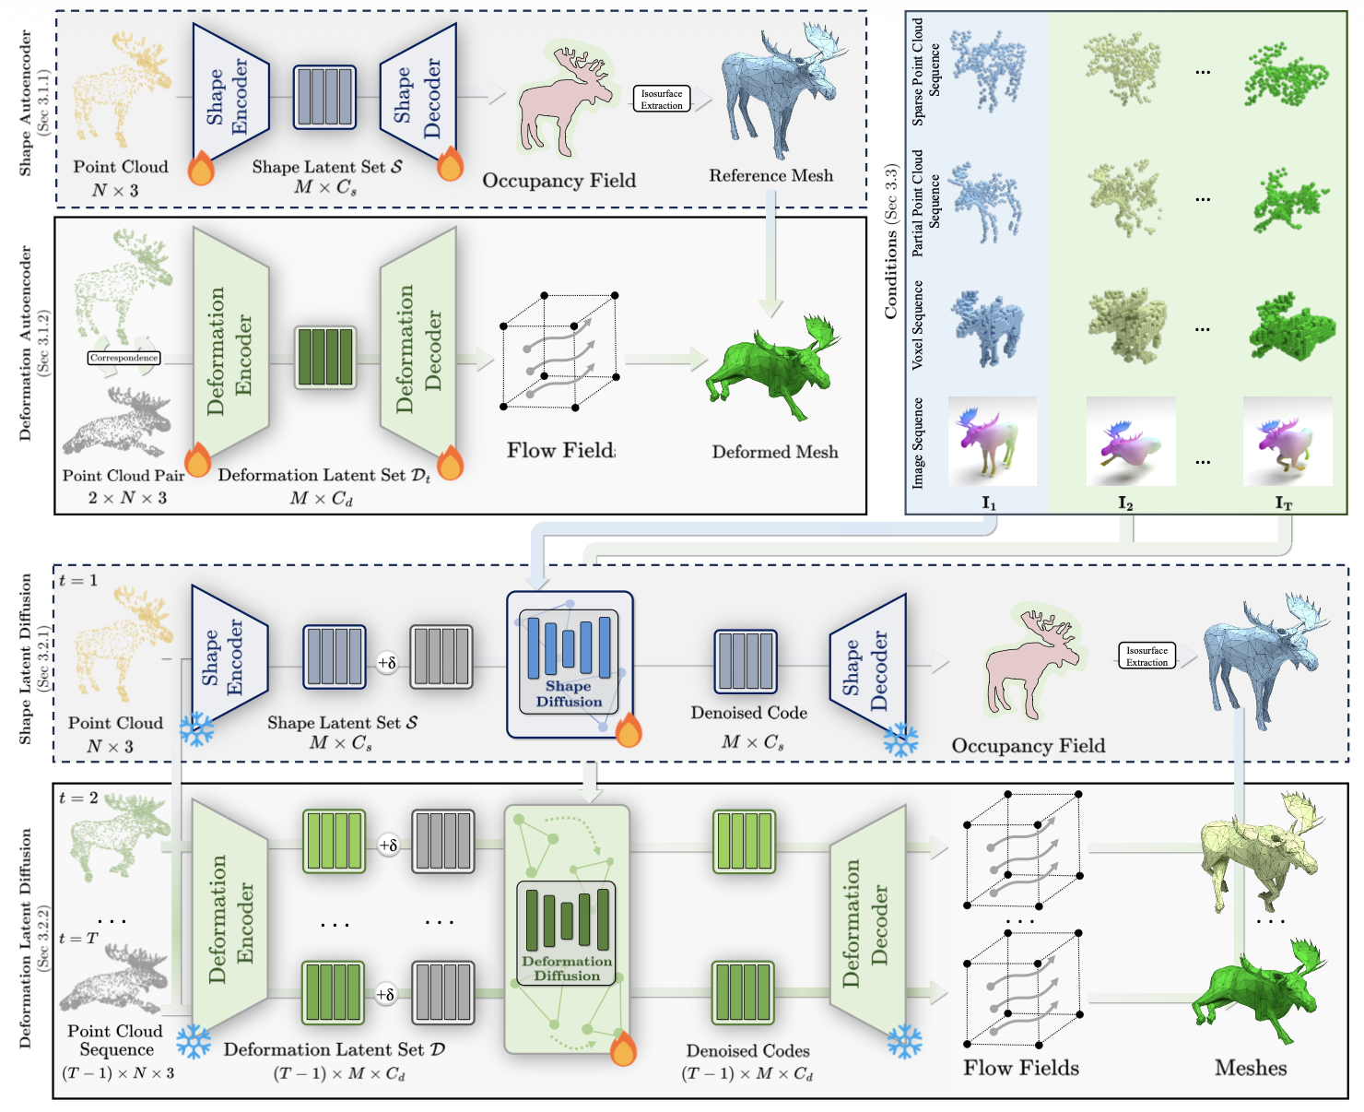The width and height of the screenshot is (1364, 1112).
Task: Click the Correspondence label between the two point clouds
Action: pyautogui.click(x=123, y=358)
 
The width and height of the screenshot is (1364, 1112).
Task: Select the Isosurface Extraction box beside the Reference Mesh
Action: pyautogui.click(x=662, y=100)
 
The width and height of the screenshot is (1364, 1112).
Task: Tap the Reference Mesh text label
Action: pyautogui.click(x=770, y=175)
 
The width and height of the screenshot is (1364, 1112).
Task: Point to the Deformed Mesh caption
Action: pyautogui.click(x=775, y=452)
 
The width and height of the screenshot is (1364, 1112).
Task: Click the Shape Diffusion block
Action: pyautogui.click(x=569, y=664)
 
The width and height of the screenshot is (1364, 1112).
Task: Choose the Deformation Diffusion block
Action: pyautogui.click(x=567, y=931)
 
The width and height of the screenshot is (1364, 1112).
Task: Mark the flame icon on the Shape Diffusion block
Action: pyautogui.click(x=629, y=729)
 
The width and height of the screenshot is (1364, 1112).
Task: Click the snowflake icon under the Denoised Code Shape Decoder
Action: pyautogui.click(x=900, y=739)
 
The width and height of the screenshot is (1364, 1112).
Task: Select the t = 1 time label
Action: pyautogui.click(x=78, y=581)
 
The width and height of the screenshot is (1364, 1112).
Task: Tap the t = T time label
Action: pyautogui.click(x=78, y=938)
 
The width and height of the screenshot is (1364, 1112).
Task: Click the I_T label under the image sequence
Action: pyautogui.click(x=1284, y=503)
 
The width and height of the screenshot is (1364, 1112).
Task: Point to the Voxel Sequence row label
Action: pyautogui.click(x=918, y=326)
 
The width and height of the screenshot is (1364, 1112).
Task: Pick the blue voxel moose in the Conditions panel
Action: pyautogui.click(x=987, y=326)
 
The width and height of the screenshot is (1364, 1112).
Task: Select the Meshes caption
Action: pyautogui.click(x=1251, y=1068)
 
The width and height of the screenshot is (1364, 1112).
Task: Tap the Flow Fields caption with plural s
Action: pyautogui.click(x=1021, y=1068)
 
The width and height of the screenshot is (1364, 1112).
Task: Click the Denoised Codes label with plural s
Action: pyautogui.click(x=747, y=1050)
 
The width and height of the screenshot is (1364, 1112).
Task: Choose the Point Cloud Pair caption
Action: pyautogui.click(x=123, y=476)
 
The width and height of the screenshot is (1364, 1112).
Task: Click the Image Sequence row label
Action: pyautogui.click(x=918, y=443)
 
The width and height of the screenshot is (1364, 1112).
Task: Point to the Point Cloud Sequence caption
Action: pyautogui.click(x=115, y=1040)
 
